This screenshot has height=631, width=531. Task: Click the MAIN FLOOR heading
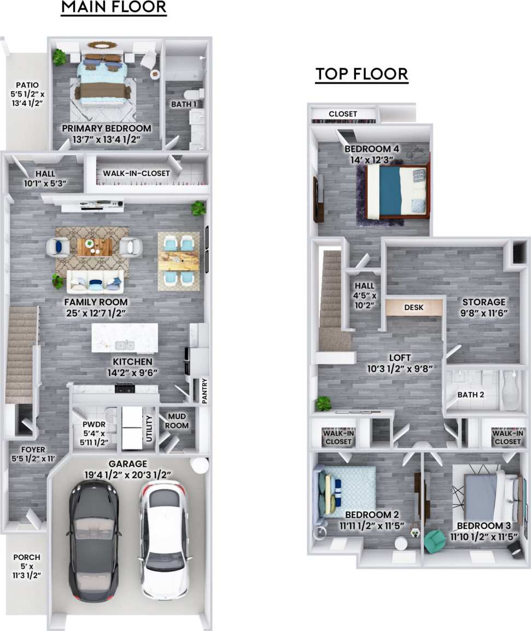click(113, 8)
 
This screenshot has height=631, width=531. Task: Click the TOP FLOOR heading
click(361, 74)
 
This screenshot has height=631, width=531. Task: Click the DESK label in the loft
click(414, 307)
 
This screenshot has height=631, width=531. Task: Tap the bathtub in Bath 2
click(511, 391)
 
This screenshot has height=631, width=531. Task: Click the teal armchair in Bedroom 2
click(434, 541)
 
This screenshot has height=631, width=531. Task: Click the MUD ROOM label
click(177, 421)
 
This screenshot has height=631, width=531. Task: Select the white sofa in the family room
click(95, 282)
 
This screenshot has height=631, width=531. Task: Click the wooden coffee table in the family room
click(95, 247)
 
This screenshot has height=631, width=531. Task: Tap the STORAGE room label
click(483, 302)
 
